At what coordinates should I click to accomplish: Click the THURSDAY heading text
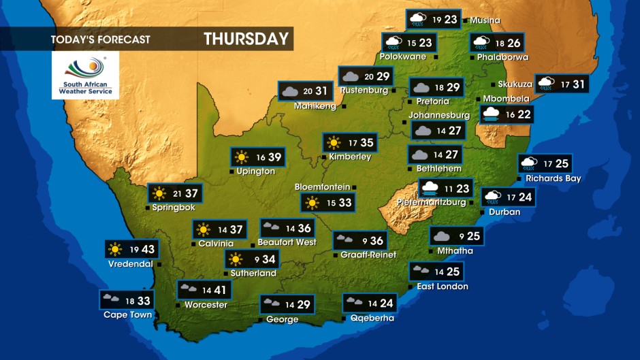click(246, 39)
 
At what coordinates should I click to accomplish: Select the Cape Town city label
click(127, 315)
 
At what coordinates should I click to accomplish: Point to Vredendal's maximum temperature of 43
click(148, 250)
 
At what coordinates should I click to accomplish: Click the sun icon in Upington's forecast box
click(242, 157)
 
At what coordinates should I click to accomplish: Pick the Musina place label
click(485, 20)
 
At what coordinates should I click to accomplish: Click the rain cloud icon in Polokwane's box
click(394, 43)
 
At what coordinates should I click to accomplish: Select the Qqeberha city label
click(372, 318)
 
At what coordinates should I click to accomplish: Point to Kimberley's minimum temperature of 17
click(353, 143)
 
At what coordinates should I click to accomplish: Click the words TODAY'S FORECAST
click(100, 39)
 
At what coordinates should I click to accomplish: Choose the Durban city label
click(505, 212)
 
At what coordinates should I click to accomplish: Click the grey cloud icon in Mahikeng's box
click(289, 91)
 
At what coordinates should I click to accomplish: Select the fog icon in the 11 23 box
click(430, 189)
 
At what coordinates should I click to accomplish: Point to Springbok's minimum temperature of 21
click(178, 194)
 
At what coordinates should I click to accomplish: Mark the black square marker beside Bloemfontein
click(355, 187)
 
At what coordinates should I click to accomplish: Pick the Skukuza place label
click(515, 84)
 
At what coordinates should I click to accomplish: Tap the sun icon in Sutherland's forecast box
click(236, 259)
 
